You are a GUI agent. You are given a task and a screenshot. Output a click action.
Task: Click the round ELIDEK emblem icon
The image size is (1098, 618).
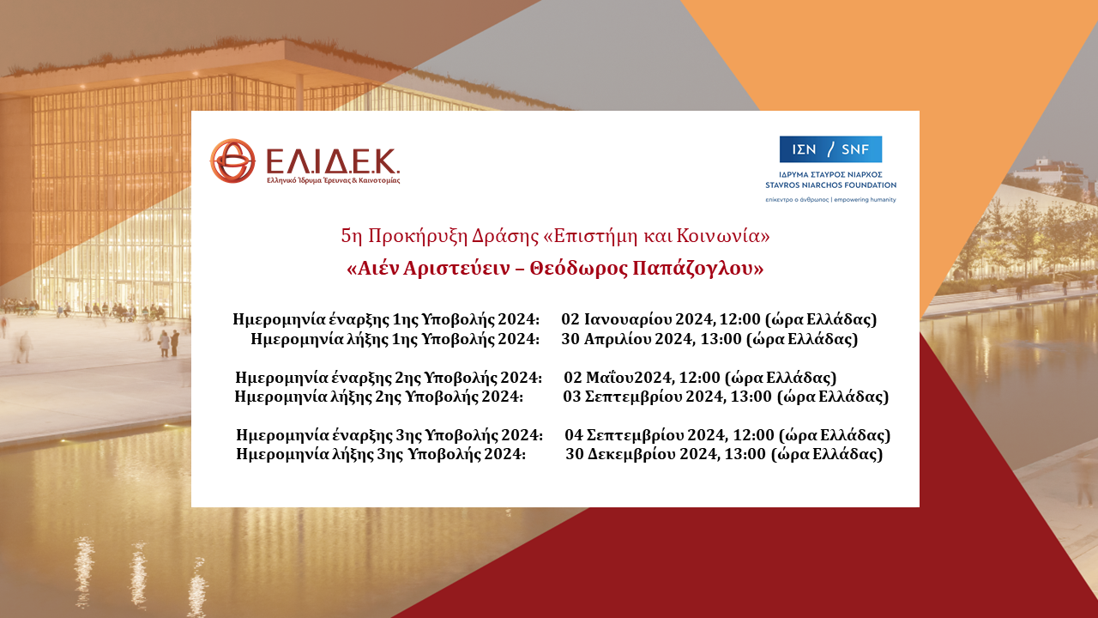tap(232, 161)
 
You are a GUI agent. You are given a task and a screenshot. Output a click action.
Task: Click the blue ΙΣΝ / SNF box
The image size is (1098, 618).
tap(830, 149)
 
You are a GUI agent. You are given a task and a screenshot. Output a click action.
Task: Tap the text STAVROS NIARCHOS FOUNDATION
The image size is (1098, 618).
tap(830, 185)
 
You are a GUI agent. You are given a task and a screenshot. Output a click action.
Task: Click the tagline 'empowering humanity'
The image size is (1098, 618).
tap(859, 199)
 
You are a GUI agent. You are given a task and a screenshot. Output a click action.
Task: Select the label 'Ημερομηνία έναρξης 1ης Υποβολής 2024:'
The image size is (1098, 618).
tap(386, 319)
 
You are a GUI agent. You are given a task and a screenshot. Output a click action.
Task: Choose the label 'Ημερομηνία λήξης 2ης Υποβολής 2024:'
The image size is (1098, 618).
tap(379, 397)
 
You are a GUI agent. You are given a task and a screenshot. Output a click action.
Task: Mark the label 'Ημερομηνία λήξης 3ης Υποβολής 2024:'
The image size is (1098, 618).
tap(381, 454)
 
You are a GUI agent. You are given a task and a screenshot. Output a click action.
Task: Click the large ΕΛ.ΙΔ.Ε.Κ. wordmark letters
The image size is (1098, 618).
tap(332, 161)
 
